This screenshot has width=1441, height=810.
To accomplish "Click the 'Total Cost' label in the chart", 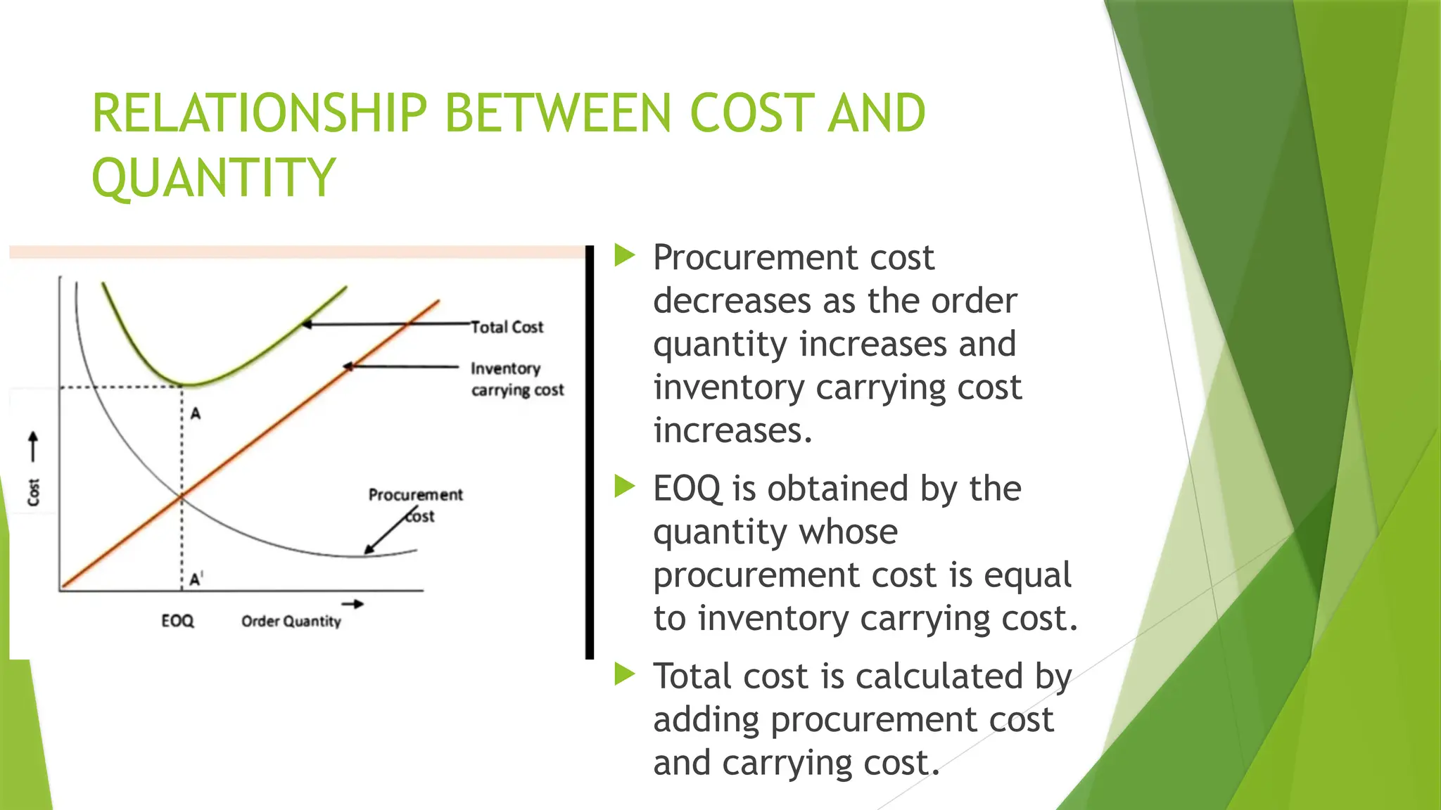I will coord(507,327).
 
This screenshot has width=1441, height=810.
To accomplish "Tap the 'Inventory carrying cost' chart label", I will coord(517,379).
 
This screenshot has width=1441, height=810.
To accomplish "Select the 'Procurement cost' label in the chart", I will coord(415,504).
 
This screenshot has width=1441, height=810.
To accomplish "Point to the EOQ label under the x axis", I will coord(177,621).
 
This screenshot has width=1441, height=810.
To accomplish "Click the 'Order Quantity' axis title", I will coord(291,621).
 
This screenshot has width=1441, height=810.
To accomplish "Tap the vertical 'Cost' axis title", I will coord(34,491).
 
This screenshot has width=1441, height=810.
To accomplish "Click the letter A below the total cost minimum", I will coord(196,413).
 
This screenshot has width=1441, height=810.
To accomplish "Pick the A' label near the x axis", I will coord(196,579).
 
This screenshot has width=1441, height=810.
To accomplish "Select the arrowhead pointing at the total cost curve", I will coord(307,324).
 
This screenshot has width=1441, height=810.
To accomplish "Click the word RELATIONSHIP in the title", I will coord(260,113).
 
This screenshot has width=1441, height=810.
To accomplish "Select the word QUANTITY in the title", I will coord(213,177).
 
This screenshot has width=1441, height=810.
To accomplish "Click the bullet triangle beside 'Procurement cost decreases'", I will coord(624,255).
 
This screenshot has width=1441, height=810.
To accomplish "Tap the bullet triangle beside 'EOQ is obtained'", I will coord(624,486).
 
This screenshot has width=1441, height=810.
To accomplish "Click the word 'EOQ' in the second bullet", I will coord(687,489).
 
